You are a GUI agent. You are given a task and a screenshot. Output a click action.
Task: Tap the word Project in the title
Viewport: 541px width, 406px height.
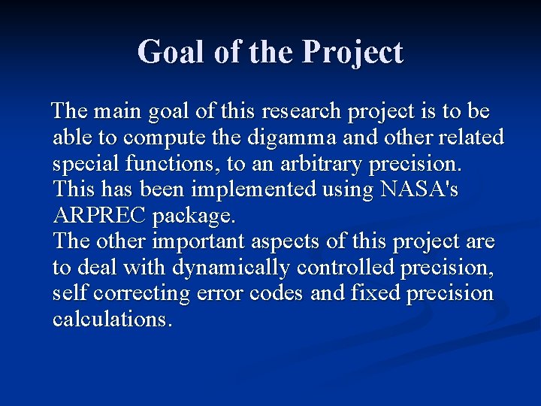coord(352,53)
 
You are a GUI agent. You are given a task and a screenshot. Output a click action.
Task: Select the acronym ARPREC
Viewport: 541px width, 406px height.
coord(100,217)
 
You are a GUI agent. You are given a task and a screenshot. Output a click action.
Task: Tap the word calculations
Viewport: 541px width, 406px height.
coord(113,320)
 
